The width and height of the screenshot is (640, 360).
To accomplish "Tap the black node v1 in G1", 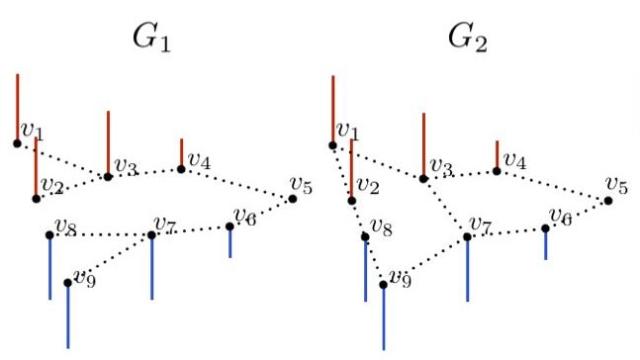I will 17,143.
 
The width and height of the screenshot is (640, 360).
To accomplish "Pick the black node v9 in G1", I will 67,283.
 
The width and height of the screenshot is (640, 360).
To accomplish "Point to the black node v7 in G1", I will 151,235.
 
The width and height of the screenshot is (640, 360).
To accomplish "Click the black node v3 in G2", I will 423,179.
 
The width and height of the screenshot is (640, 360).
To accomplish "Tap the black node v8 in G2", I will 365,236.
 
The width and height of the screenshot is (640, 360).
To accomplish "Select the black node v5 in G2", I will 608,201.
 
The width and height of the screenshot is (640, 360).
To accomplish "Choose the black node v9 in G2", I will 384,285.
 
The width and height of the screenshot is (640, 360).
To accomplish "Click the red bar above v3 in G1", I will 108,142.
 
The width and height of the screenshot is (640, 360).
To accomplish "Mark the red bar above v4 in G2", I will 497,154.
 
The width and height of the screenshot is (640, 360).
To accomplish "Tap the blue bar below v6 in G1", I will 229,242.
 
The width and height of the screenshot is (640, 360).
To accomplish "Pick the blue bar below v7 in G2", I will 467,268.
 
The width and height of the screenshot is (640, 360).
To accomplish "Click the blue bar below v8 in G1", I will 49,267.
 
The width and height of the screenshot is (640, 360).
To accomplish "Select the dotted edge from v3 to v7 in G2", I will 445,208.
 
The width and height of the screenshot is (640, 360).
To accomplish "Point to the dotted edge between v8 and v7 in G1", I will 99,235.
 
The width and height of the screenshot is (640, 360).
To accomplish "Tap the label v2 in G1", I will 52,186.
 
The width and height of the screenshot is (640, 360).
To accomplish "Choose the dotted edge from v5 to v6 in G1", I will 262,213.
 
